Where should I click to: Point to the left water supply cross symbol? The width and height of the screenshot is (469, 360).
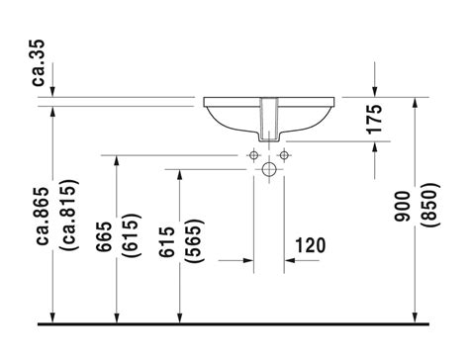click(x=253, y=155)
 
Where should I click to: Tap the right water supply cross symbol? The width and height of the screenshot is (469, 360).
click(x=283, y=155)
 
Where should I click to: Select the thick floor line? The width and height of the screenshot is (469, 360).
click(x=234, y=323)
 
